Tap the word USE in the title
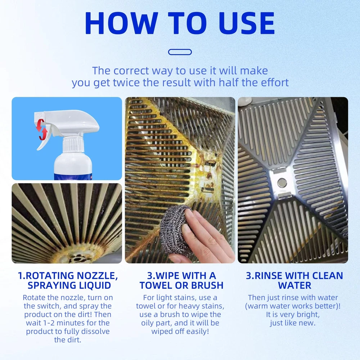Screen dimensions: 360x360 coord(247,23)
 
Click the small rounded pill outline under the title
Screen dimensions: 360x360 coord(180,52)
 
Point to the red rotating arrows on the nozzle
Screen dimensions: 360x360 coord(41,129)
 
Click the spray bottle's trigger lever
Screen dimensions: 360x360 coord(45,138)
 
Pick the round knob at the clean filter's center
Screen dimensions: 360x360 coord(282,183)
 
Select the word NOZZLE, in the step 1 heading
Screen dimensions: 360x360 coord(97,276)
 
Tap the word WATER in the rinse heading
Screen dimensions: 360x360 coord(294,285)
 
